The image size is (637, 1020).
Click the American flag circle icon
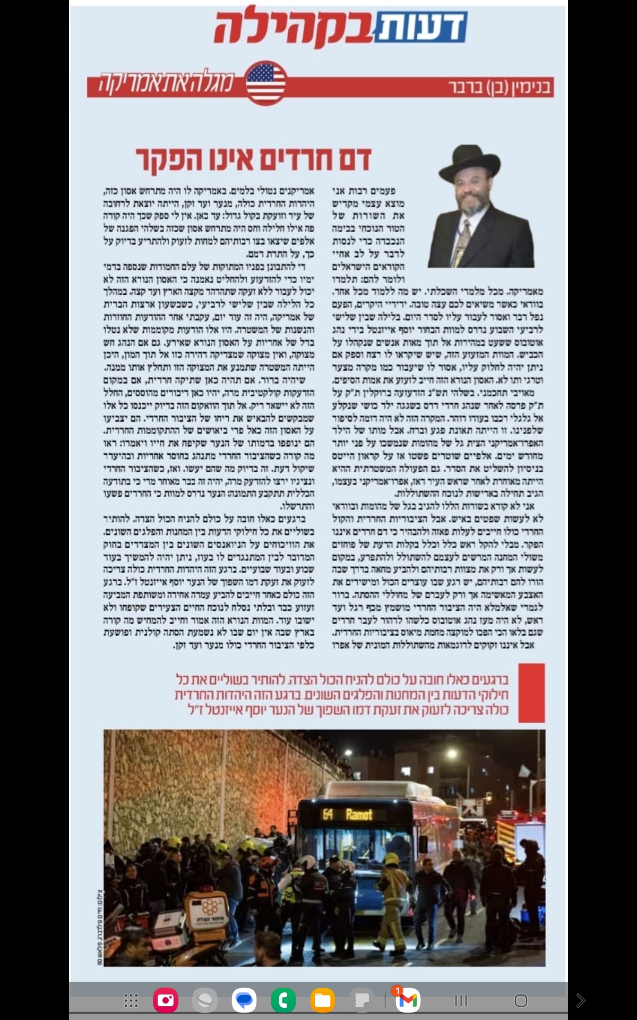pos(266,83)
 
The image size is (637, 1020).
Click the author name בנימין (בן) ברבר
pos(500,87)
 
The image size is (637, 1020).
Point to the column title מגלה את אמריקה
pos(166,83)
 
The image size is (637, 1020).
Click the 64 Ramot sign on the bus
pos(348,814)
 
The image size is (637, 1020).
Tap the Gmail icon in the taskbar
pos(407,1001)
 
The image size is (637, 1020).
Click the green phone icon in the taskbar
pos(283,1001)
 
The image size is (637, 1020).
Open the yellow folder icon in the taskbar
pos(322,1001)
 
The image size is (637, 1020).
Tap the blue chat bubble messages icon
pos(244,1001)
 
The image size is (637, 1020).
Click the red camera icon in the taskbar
pos(166,1001)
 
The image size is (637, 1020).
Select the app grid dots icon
pos(131,1001)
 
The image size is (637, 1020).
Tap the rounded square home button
pos(521,1001)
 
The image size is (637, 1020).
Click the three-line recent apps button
pos(461,1001)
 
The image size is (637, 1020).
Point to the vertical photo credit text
pos(99,926)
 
